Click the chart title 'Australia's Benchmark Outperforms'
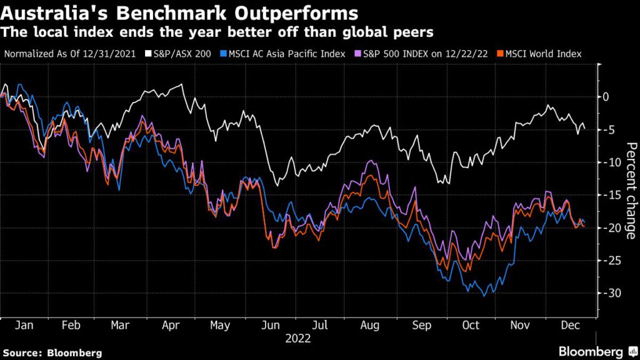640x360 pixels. (180, 12)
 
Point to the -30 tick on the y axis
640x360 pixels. (610, 293)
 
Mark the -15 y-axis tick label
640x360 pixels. (610, 195)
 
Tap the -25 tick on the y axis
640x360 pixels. (610, 261)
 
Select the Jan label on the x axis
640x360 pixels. (23, 326)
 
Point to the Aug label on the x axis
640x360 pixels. (371, 326)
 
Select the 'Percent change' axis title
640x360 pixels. (631, 191)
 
